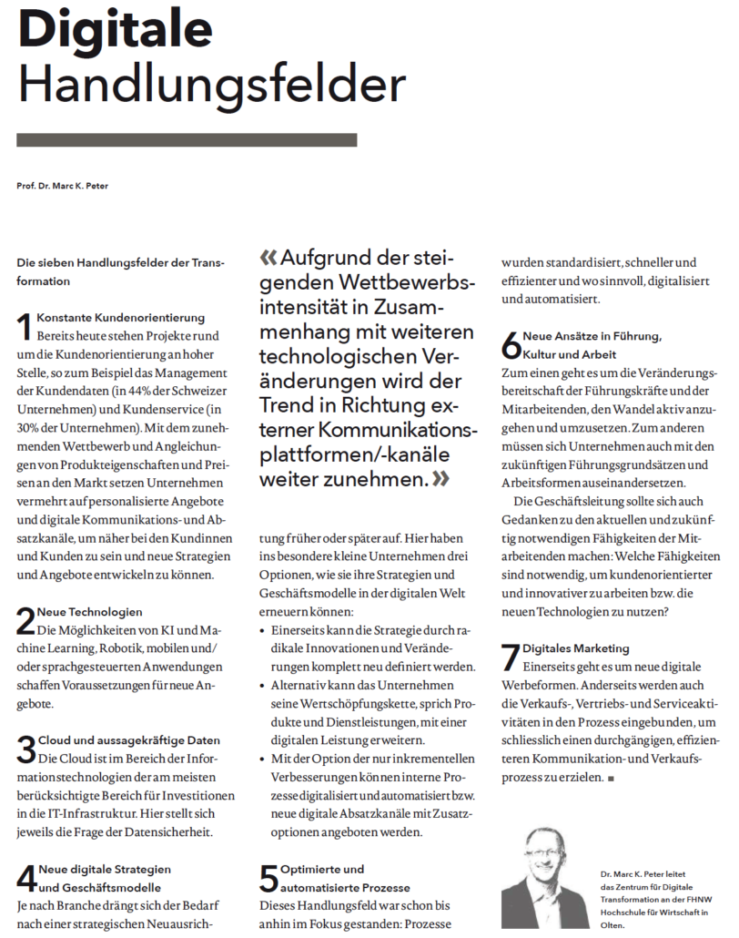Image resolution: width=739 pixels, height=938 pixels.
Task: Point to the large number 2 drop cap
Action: [26, 620]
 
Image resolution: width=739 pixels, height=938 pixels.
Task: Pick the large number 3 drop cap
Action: [26, 749]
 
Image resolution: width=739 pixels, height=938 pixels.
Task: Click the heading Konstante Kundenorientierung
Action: [121, 318]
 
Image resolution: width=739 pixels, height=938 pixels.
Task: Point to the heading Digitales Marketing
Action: [576, 647]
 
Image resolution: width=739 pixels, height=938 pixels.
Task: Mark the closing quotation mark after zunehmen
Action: [441, 478]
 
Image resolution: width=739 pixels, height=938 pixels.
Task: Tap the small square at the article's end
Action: [612, 780]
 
